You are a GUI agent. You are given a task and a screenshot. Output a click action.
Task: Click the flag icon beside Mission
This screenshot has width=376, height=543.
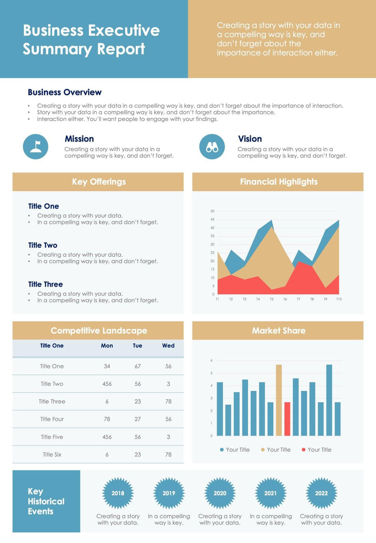point(36,147)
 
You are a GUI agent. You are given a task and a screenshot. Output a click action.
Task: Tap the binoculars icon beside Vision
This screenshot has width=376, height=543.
point(212,147)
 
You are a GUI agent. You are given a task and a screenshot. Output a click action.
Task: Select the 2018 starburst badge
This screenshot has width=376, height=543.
point(118,493)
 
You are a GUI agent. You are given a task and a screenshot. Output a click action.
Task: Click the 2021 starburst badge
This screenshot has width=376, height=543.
point(270,493)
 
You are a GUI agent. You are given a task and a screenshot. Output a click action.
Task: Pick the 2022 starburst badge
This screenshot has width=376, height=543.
point(321,493)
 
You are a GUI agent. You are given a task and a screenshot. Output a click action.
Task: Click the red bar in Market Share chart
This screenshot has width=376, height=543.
point(287,419)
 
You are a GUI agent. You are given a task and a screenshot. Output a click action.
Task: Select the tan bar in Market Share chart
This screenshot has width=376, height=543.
point(279,400)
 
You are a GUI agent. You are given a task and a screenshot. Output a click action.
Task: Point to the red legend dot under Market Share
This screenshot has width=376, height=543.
point(304,450)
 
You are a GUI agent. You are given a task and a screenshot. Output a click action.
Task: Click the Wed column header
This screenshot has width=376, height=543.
point(168,346)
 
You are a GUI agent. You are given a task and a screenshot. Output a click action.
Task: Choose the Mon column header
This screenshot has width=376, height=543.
point(107,346)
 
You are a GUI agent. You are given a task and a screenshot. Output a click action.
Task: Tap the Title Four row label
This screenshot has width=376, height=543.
point(52,419)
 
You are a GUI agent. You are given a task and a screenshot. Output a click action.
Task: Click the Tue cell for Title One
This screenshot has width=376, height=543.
point(138,366)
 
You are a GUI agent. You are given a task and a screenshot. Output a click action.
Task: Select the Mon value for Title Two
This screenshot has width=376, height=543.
point(107,384)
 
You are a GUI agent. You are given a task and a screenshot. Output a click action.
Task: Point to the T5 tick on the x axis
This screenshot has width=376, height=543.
point(271,299)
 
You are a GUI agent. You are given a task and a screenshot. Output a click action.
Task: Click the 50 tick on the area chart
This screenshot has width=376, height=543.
point(212,211)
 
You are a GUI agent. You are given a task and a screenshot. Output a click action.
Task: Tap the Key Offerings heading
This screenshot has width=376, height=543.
point(99,182)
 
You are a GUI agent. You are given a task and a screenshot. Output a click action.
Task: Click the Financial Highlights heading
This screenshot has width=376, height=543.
point(279,182)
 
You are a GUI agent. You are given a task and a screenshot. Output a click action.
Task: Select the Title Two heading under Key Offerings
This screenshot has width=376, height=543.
point(43,245)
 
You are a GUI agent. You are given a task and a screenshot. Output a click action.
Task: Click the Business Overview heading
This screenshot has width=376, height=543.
point(64,93)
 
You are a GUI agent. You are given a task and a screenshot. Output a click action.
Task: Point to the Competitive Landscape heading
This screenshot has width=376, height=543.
point(99,331)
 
